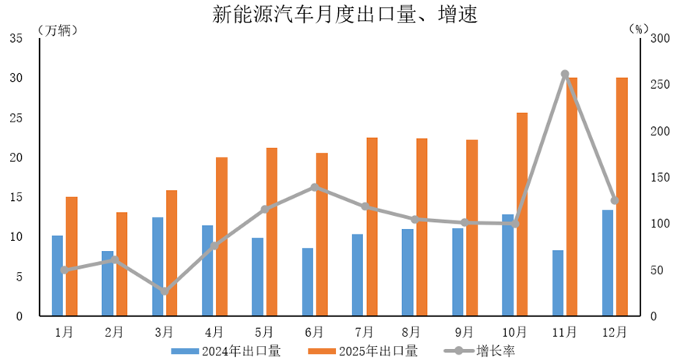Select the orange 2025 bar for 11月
point(572,196)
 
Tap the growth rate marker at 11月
point(565,74)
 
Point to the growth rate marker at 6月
point(314,187)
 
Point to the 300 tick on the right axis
point(660,38)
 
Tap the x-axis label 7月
point(365,332)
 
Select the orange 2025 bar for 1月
point(72,256)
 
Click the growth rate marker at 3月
point(164,291)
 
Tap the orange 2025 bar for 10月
point(522,214)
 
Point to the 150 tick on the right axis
point(660,178)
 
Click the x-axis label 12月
point(615,332)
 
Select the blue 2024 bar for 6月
point(308,282)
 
